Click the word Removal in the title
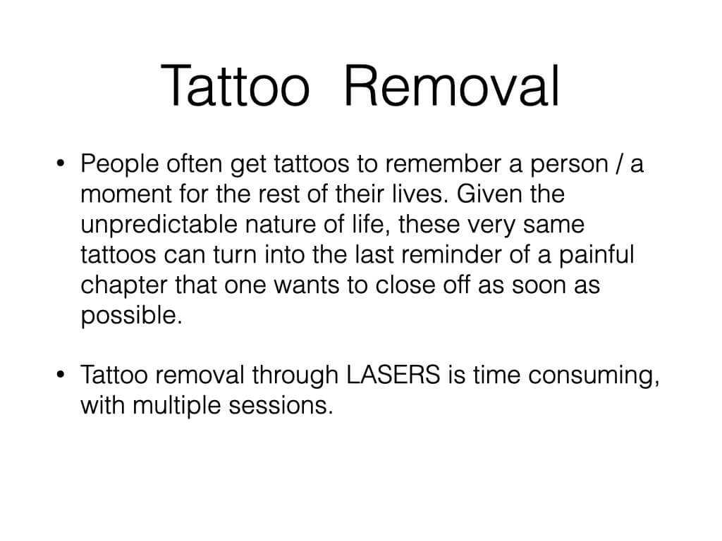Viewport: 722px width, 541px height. coord(452,86)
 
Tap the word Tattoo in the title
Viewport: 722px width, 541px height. coord(235,86)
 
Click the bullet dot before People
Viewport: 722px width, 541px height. coord(60,163)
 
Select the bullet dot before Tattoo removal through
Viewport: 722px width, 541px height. coord(60,375)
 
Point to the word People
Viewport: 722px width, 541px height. coord(120,164)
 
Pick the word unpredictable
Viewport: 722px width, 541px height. coord(159,225)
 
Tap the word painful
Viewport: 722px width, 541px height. coord(596,255)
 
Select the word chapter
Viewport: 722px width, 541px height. coord(124,285)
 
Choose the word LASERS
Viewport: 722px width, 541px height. coord(393,375)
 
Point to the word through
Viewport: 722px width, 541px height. coord(295,375)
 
